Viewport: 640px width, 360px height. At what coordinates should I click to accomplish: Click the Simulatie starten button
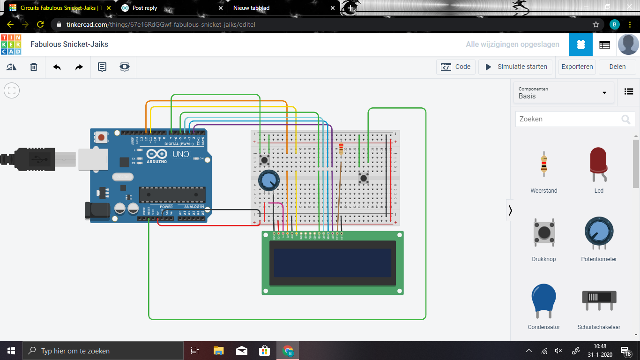point(515,67)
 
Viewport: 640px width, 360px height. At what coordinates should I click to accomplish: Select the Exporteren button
point(577,67)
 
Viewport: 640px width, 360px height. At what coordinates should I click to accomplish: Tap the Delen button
point(617,67)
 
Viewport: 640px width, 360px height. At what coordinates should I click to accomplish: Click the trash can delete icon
point(34,67)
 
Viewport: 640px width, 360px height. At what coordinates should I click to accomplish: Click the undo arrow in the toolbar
point(57,67)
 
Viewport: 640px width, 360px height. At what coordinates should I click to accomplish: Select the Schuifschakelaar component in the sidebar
point(599,300)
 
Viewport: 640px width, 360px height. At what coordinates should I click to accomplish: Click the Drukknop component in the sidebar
point(543,233)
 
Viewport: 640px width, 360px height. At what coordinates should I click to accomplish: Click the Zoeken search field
point(569,119)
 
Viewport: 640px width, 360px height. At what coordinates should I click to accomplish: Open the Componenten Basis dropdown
point(563,92)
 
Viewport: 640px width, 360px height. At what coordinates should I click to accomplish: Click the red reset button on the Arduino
point(100,137)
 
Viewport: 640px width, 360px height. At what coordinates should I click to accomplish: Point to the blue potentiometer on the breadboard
point(268,180)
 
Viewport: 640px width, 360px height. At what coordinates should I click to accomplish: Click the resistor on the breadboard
point(341,149)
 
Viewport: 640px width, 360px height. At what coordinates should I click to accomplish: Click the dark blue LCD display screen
point(333,262)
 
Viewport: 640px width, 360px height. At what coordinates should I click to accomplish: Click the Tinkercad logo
point(11,45)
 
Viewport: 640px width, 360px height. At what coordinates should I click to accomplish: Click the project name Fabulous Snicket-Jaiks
point(69,45)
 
